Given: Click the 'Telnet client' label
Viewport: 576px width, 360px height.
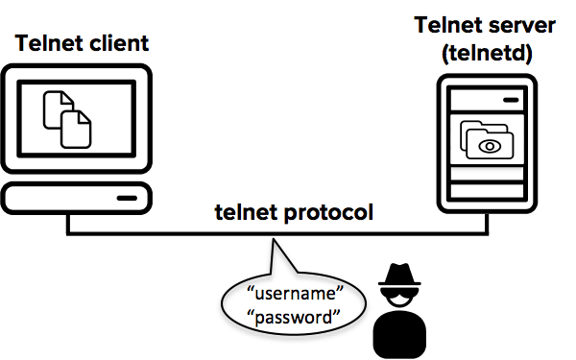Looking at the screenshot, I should point(83,43).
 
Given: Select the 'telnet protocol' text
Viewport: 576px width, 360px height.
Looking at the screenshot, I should point(293,212).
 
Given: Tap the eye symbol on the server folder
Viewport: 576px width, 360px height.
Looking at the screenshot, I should point(491,146).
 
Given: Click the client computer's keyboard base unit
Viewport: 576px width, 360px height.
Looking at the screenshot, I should point(76,198).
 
